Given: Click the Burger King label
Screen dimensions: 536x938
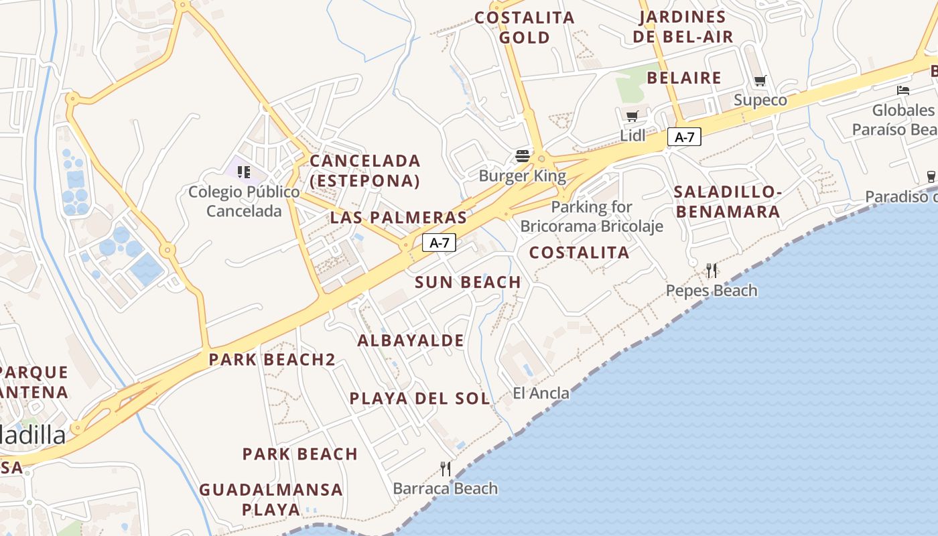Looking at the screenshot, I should [522, 176].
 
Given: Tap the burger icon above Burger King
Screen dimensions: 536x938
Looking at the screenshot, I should [523, 157].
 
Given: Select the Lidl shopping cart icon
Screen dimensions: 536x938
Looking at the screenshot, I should [632, 116].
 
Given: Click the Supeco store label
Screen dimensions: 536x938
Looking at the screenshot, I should [760, 100].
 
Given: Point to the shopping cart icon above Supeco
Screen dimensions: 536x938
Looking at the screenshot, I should [760, 81].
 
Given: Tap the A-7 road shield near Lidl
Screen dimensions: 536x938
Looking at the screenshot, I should [684, 137].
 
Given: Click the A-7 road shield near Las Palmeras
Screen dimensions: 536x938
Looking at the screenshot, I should [439, 243].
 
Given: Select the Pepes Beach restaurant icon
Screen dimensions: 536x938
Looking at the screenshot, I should [712, 271].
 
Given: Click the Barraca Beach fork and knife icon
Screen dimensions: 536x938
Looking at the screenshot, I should [446, 468].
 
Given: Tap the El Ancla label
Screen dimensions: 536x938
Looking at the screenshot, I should [541, 393].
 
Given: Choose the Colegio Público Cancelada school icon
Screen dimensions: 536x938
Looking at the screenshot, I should [244, 172].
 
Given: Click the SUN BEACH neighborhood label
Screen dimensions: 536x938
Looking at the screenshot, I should [468, 282].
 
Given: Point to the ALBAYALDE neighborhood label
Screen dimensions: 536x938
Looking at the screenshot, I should [411, 340].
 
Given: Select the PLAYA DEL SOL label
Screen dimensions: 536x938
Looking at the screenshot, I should [419, 399].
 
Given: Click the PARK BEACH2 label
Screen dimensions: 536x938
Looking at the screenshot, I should [271, 359].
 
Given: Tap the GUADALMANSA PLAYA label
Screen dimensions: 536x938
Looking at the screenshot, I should [271, 499].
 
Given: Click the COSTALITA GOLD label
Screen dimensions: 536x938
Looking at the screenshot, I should [525, 27].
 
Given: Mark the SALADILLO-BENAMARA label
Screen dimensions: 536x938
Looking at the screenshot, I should [728, 202].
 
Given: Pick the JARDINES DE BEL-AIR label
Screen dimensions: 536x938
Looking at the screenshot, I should [683, 27].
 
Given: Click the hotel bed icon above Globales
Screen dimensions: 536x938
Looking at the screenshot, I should [903, 90].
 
